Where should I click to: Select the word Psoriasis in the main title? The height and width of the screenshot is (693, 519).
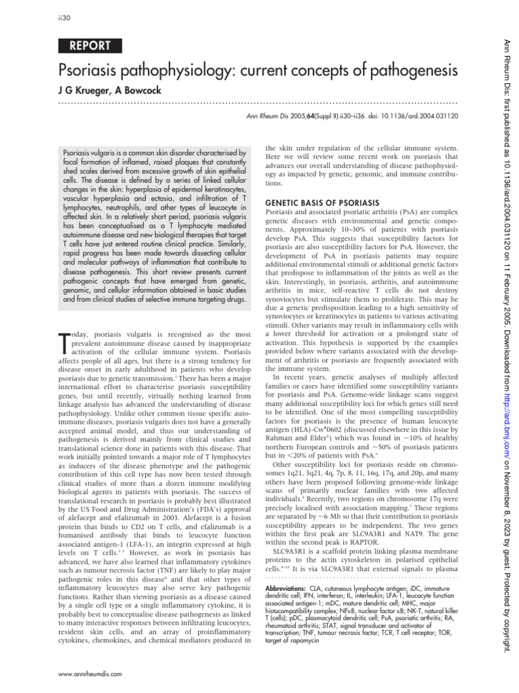[x=93, y=70]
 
